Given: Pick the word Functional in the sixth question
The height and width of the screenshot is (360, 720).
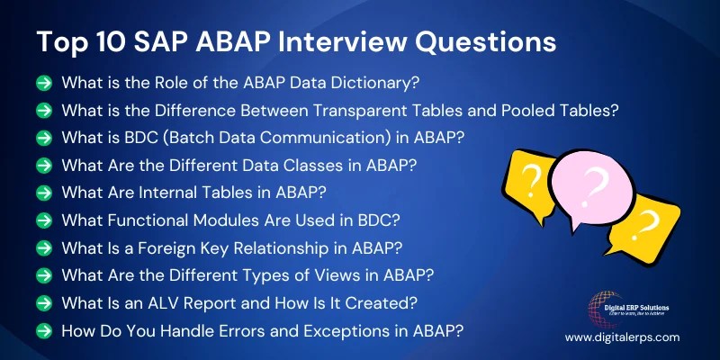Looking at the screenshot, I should tap(148, 220).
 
